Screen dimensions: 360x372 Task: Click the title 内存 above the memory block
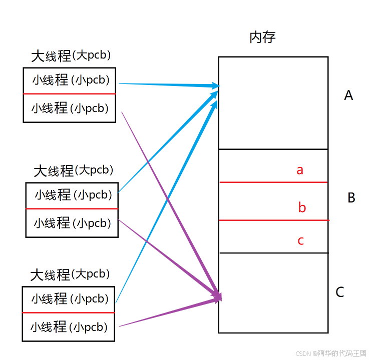[x=262, y=37]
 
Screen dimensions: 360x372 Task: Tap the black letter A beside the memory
[x=348, y=95]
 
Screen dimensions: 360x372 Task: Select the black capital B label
[x=351, y=197]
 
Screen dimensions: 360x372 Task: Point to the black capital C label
[x=340, y=292]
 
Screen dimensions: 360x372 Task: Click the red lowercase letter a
[x=300, y=170]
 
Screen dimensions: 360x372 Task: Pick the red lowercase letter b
[x=302, y=207]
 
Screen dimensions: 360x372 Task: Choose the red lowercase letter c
[x=301, y=240]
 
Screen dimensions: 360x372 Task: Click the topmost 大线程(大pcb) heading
[x=71, y=55]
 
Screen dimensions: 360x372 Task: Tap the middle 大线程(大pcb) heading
[x=73, y=170]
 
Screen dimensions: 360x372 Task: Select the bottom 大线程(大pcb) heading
[x=70, y=274]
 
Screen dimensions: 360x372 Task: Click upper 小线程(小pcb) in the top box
[x=71, y=79]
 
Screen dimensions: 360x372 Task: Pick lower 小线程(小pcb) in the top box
[x=70, y=107]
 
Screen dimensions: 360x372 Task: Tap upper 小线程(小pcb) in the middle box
[x=73, y=194]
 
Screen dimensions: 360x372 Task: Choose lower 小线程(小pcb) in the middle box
[x=72, y=222]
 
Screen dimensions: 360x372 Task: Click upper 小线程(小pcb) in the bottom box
[x=70, y=298]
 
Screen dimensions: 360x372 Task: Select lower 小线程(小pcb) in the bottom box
[x=69, y=327]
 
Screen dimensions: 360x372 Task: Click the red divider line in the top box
[x=69, y=93]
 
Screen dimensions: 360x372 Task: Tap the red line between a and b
[x=273, y=182]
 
